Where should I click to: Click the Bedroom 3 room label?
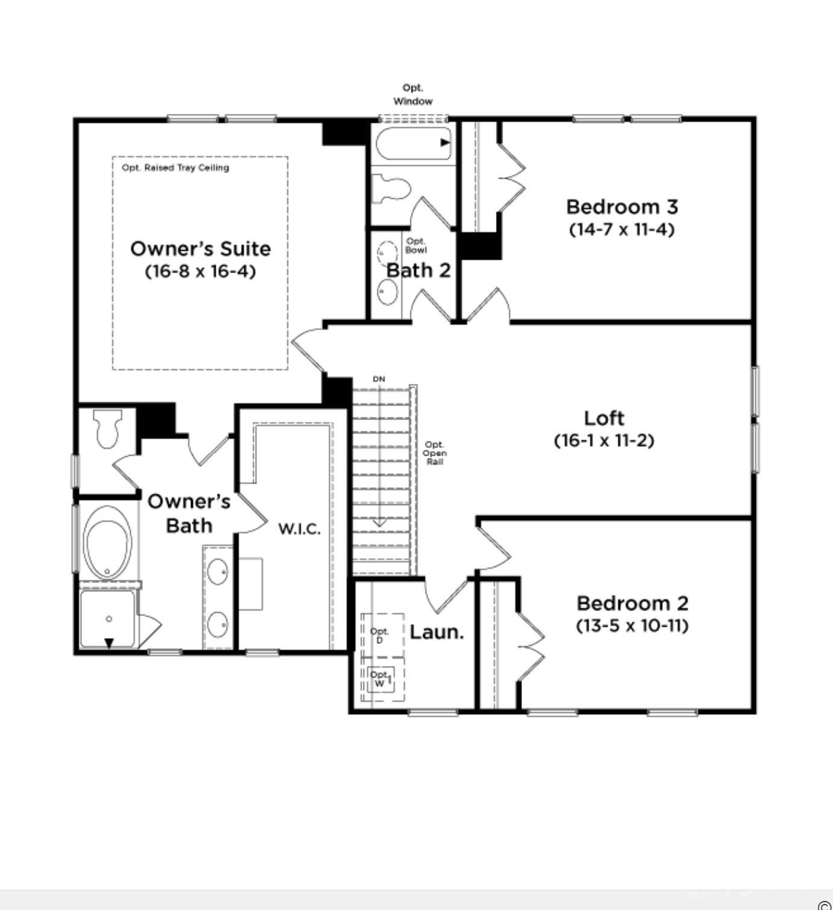pos(622,207)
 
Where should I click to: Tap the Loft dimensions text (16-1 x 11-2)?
pos(604,441)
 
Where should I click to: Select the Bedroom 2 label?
pos(632,603)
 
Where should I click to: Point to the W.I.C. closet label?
pos(300,529)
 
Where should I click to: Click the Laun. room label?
pos(436,632)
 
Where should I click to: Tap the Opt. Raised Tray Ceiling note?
pos(175,168)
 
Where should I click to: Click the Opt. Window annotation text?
pos(412,95)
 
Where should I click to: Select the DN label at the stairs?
pos(379,379)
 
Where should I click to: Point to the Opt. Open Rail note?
pos(434,453)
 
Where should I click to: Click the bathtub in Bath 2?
pos(413,143)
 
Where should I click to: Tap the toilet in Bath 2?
pos(391,188)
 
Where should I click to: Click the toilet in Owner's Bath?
pos(107,428)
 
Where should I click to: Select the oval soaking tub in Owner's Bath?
pos(108,542)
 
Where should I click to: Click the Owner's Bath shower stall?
pos(108,618)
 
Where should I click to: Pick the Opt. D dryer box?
pos(382,636)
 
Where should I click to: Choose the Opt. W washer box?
pos(382,680)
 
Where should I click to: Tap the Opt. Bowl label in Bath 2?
pos(415,245)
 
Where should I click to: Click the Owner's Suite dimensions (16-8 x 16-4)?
pos(200,271)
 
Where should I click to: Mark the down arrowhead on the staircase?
pos(379,524)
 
